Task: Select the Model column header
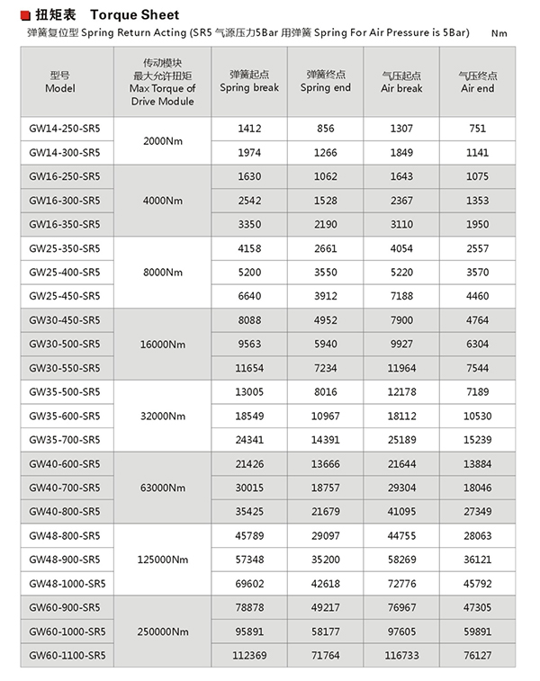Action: pyautogui.click(x=60, y=82)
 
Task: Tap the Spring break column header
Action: pyautogui.click(x=249, y=82)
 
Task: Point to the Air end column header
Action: pyautogui.click(x=477, y=82)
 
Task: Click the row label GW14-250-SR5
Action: pyautogui.click(x=65, y=129)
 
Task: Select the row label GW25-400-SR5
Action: pyautogui.click(x=65, y=272)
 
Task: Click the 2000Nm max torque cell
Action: pyautogui.click(x=163, y=140)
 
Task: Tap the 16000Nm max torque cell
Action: pyautogui.click(x=163, y=344)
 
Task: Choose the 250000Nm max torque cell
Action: pyautogui.click(x=163, y=632)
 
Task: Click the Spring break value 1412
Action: pyautogui.click(x=249, y=129)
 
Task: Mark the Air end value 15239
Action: pyautogui.click(x=477, y=440)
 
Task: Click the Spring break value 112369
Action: pyautogui.click(x=249, y=656)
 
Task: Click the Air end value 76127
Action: pyautogui.click(x=477, y=656)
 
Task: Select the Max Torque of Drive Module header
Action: pyautogui.click(x=163, y=82)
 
